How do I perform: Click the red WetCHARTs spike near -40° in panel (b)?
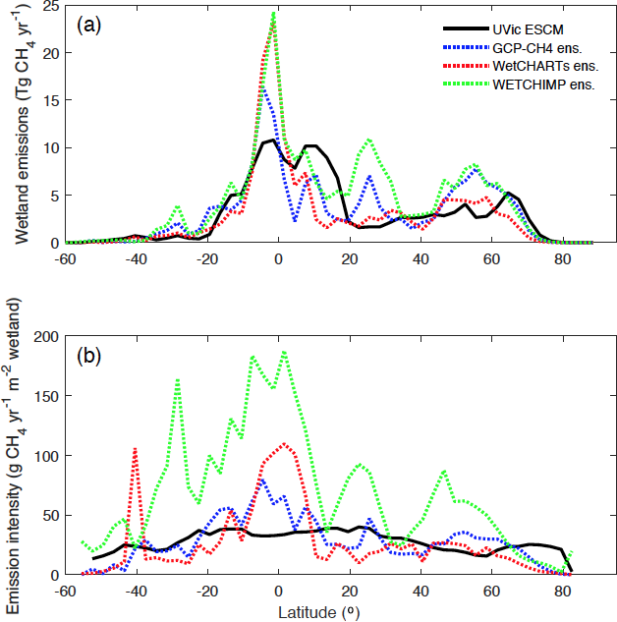point(135,448)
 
